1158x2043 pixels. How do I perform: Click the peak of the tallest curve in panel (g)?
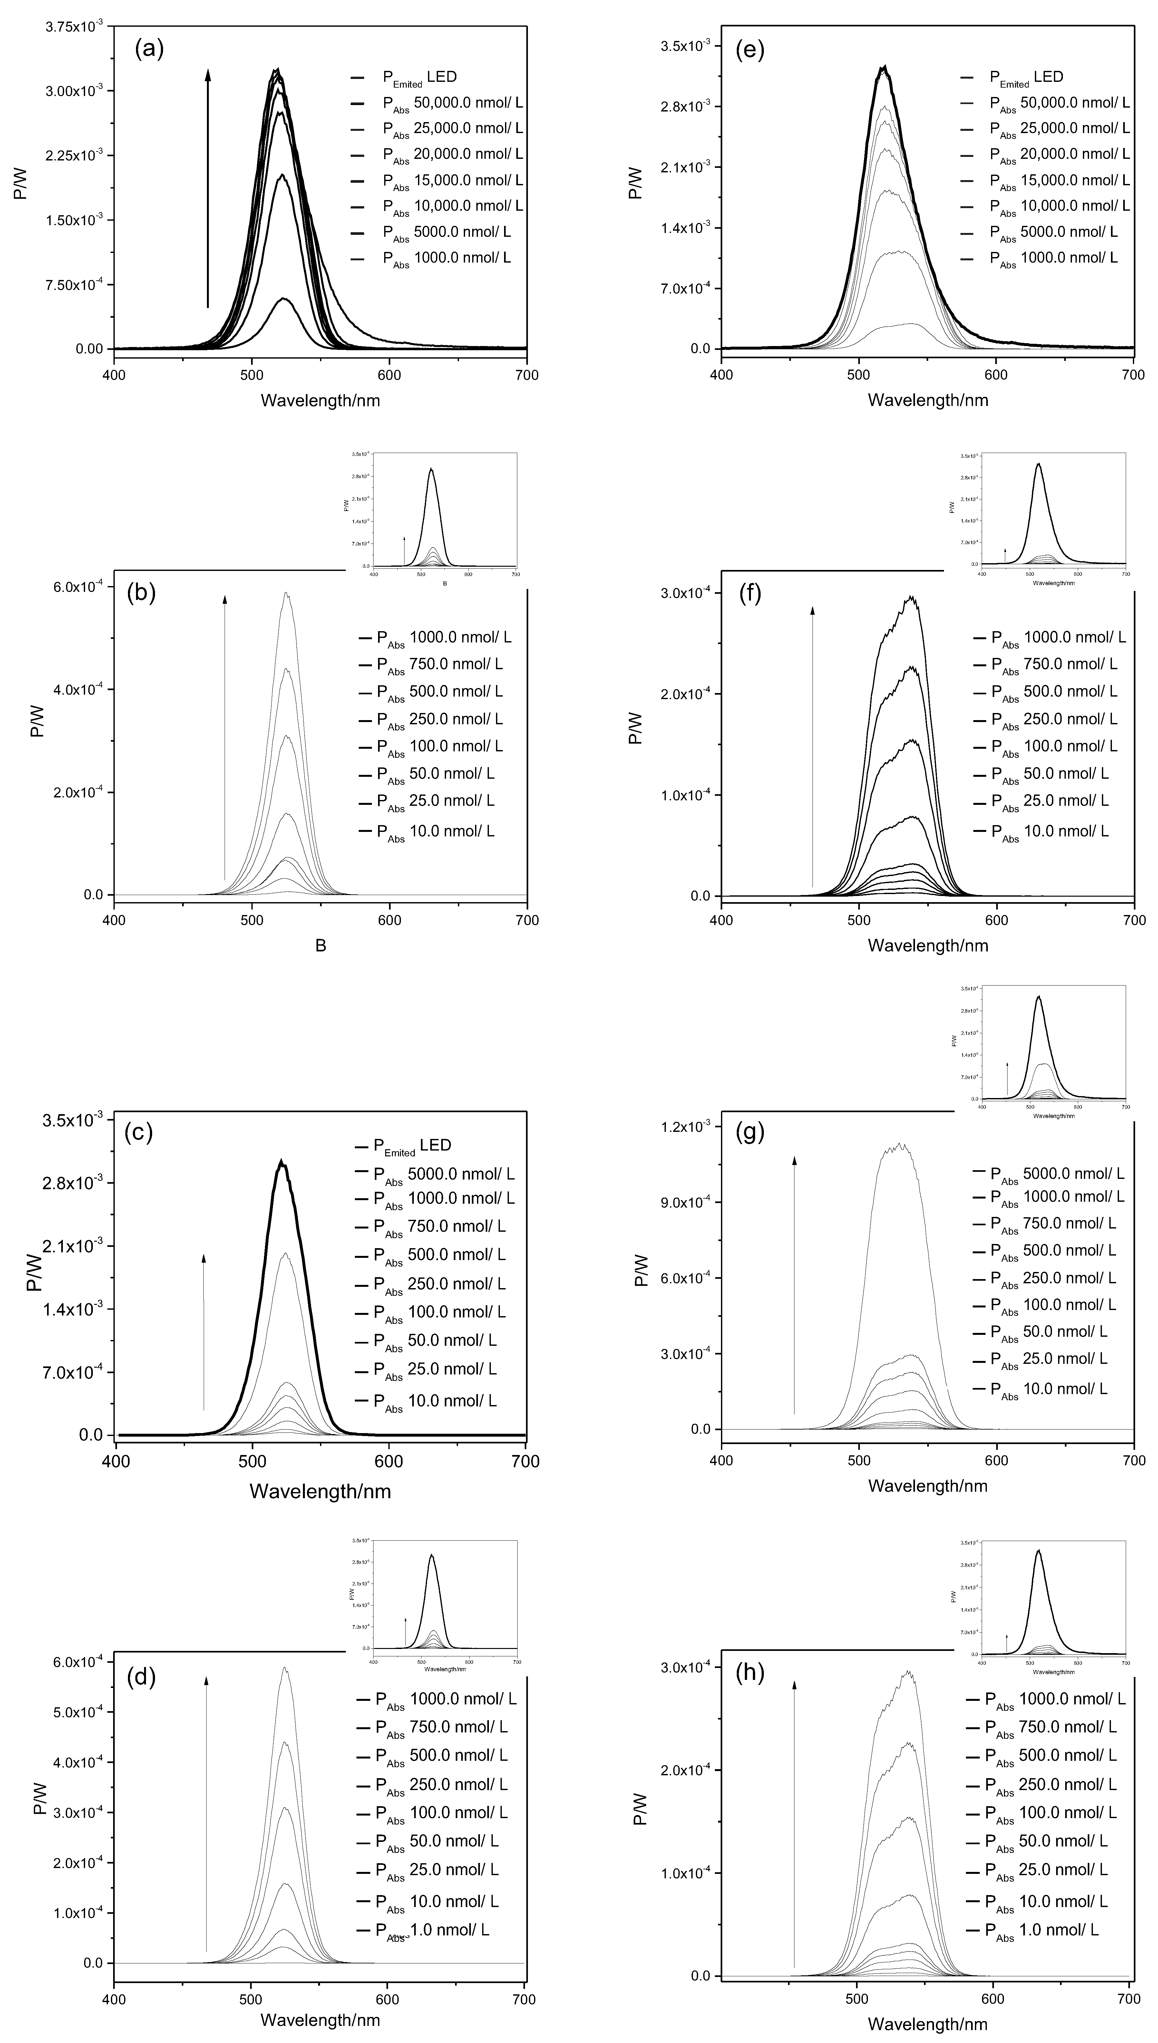(x=900, y=1145)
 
